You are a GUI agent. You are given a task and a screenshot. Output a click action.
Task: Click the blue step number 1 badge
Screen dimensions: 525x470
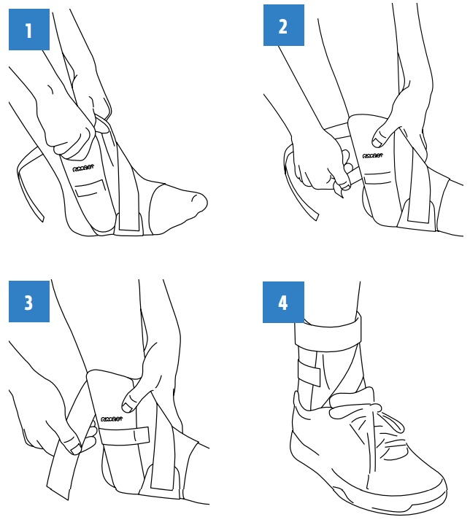coord(29,30)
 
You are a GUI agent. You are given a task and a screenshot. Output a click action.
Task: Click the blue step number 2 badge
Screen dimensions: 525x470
coord(283,26)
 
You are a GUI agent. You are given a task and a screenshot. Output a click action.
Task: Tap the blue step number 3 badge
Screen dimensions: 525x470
coord(29,301)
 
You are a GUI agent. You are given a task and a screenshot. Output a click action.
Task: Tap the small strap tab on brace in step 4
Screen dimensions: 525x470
coord(309,376)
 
